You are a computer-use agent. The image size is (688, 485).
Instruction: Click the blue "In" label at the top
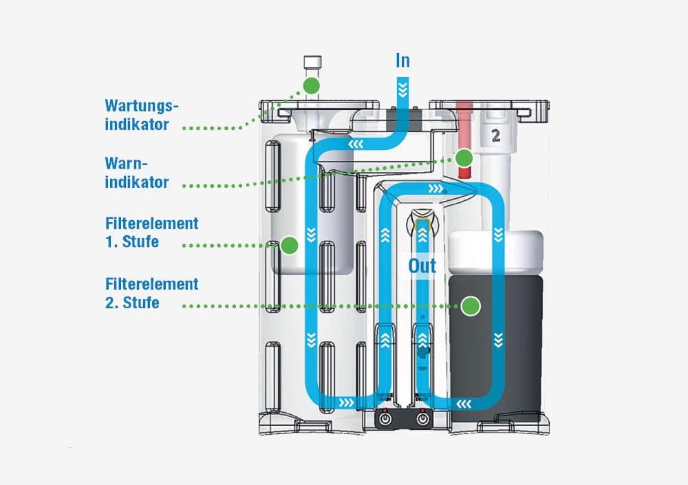(x=402, y=61)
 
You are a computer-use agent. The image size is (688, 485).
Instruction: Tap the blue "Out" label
(x=422, y=266)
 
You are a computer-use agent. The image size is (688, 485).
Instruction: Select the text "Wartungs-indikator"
(x=141, y=116)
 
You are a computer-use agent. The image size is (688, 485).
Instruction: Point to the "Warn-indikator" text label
(x=137, y=173)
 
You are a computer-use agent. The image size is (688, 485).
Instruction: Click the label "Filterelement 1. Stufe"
(x=151, y=233)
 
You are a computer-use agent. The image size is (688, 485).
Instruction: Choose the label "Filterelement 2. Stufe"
(x=151, y=293)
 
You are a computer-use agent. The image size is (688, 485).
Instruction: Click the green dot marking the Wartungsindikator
(x=312, y=86)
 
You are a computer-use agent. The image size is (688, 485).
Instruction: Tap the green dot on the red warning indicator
(x=464, y=158)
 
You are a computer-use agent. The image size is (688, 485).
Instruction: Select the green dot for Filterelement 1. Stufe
(x=290, y=244)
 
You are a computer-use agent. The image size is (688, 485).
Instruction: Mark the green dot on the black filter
(x=471, y=306)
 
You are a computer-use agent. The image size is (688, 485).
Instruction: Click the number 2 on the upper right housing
(x=495, y=136)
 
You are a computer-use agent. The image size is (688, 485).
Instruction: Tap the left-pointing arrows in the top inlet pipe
(x=356, y=145)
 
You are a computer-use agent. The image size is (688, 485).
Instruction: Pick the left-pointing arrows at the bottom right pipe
(x=463, y=402)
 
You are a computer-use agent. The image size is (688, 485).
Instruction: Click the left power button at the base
(x=385, y=418)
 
